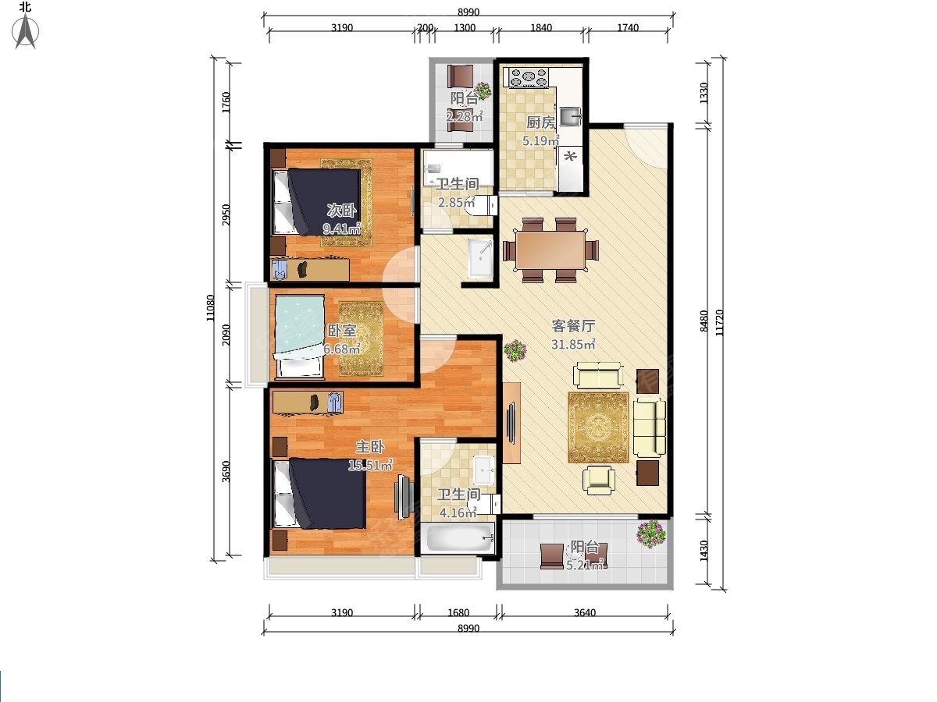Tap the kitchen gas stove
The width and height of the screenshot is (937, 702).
tap(528, 77)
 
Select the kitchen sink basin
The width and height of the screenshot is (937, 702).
tap(571, 116)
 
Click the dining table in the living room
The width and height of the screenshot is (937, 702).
tap(550, 250)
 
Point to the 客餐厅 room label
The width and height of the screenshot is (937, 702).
tap(573, 326)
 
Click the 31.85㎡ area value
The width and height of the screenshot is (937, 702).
tap(573, 345)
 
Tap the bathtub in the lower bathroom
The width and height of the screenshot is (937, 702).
tap(460, 538)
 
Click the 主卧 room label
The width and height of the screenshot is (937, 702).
tap(370, 447)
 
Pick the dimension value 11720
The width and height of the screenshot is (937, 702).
tap(719, 323)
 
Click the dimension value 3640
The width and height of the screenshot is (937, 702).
tap(584, 612)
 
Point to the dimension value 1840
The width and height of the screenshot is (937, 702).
tap(541, 28)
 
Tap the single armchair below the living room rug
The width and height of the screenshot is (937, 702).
tap(599, 480)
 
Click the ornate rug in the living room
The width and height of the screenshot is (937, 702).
tap(598, 427)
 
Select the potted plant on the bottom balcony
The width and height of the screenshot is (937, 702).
tap(650, 534)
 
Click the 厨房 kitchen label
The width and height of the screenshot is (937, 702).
tap(540, 122)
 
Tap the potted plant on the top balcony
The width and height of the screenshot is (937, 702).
tap(483, 90)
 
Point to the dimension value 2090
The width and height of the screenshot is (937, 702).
tap(226, 335)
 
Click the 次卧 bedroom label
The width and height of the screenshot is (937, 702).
tap(341, 210)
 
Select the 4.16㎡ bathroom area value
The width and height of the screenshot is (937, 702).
tap(458, 512)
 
